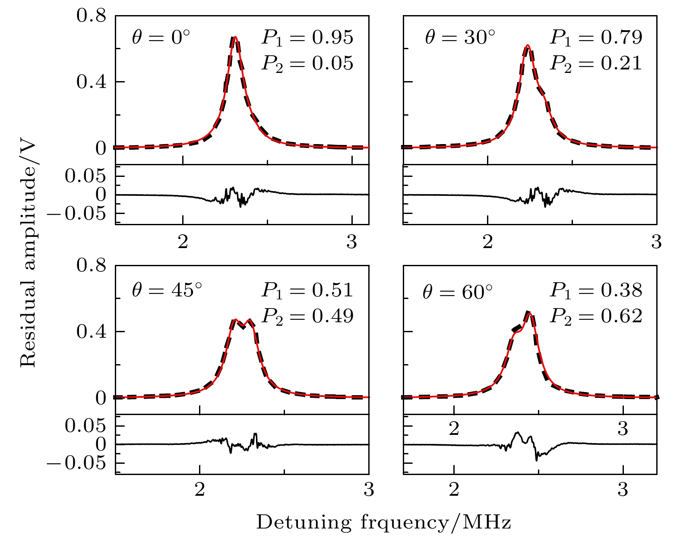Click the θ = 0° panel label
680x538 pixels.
(161, 38)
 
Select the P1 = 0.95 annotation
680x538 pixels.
(307, 38)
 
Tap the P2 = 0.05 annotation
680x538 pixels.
(307, 63)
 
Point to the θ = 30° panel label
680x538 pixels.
(460, 38)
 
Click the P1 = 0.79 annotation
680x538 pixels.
(596, 38)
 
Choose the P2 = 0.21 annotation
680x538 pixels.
(596, 63)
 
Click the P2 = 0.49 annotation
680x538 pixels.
(307, 316)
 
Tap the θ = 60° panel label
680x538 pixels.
(458, 293)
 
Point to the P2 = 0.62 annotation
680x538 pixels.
(596, 316)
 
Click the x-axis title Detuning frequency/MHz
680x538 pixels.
(383, 522)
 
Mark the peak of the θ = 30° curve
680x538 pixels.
(527, 45)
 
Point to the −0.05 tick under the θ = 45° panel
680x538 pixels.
(76, 463)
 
